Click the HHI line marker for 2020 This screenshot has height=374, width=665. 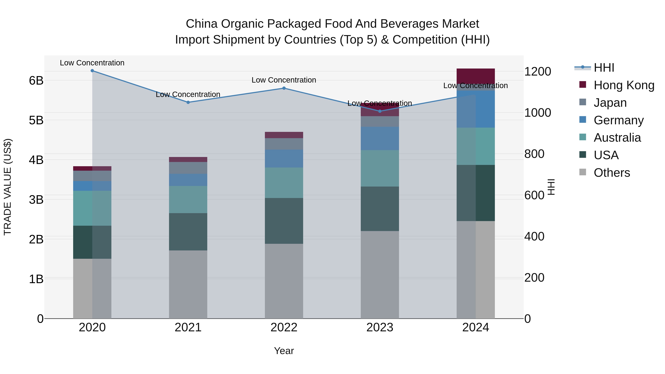[92, 71]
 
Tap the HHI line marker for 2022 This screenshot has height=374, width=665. [284, 88]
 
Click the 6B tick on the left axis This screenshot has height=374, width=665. [36, 81]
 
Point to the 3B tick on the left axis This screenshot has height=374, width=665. [36, 199]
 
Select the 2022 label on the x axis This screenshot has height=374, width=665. [284, 327]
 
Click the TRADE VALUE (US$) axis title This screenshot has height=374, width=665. [8, 187]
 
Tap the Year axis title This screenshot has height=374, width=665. [284, 351]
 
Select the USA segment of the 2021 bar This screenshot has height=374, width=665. [188, 232]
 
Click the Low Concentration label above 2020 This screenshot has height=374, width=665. [92, 63]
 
